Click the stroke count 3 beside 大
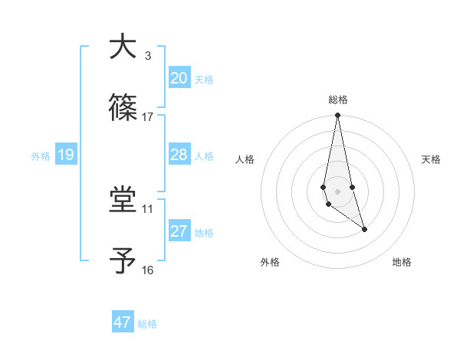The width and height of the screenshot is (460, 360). [147, 55]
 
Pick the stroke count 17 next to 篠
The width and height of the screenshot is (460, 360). [148, 116]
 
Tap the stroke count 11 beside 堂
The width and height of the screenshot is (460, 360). [148, 208]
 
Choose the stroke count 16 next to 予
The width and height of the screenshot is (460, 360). [148, 270]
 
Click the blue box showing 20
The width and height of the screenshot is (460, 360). [179, 78]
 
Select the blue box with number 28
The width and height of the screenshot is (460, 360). [179, 155]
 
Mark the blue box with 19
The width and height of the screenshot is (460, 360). [65, 155]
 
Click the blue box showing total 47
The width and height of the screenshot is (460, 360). [123, 322]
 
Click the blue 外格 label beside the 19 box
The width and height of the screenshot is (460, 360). [41, 156]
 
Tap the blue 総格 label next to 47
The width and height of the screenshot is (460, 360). [147, 324]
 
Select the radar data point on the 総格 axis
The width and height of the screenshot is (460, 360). [337, 116]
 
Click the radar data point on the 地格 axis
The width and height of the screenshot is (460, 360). [364, 229]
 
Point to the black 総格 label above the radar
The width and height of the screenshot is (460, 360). [338, 100]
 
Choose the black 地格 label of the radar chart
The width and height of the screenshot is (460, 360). [402, 262]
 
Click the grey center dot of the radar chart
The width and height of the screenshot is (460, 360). [337, 191]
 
